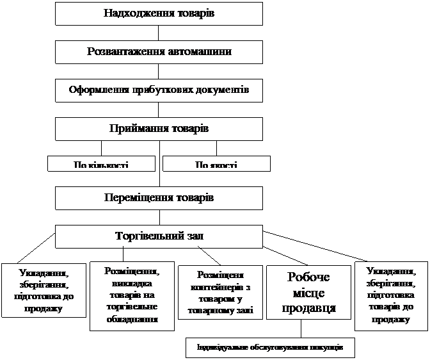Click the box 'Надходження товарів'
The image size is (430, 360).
point(159,13)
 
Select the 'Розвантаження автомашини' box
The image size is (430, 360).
point(159,52)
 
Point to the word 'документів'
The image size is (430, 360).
point(221,90)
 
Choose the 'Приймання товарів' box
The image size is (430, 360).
point(159,129)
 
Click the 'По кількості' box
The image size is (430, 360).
point(101,164)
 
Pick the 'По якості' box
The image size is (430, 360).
point(216,164)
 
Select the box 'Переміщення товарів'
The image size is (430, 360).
point(159,198)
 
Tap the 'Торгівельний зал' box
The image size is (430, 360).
point(159,236)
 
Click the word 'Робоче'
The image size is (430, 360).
point(309,277)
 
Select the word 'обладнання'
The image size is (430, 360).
point(132,318)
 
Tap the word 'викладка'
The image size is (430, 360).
point(132,283)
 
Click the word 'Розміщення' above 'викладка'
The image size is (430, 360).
point(132,272)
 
